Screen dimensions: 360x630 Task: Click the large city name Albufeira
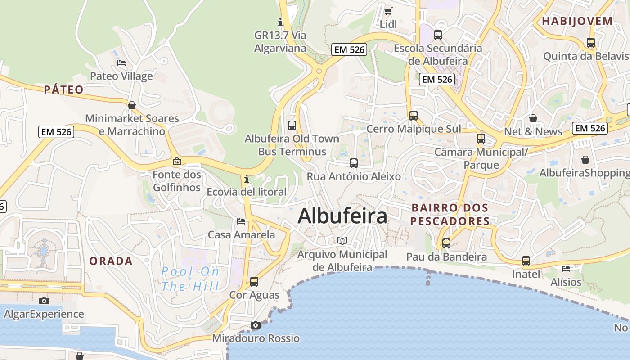tap(342, 216)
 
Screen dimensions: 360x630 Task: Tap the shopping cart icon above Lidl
tap(388, 11)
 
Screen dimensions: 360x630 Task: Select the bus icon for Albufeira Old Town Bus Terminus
tap(292, 126)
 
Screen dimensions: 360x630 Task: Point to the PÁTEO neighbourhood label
tap(64, 90)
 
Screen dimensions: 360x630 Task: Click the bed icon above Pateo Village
tap(121, 63)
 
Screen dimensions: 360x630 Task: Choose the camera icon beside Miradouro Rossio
tap(256, 325)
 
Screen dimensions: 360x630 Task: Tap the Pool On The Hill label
tap(190, 279)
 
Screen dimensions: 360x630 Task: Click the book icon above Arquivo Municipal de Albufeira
tap(342, 241)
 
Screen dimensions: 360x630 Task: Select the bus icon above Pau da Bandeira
tap(446, 243)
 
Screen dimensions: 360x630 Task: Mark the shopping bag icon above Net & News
tap(533, 118)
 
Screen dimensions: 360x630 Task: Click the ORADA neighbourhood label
tap(111, 261)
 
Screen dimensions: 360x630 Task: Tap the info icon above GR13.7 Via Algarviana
tap(280, 22)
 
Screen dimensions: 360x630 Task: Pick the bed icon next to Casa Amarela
tap(241, 221)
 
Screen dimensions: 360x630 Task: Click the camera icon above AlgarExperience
tap(44, 301)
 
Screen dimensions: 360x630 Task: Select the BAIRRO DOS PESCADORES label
tap(450, 215)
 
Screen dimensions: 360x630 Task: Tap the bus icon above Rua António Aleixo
tap(354, 163)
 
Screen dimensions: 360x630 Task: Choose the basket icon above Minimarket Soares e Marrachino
tap(132, 105)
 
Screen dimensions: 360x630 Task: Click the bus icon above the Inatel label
tap(526, 261)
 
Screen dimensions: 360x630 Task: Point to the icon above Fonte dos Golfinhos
tap(177, 161)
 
